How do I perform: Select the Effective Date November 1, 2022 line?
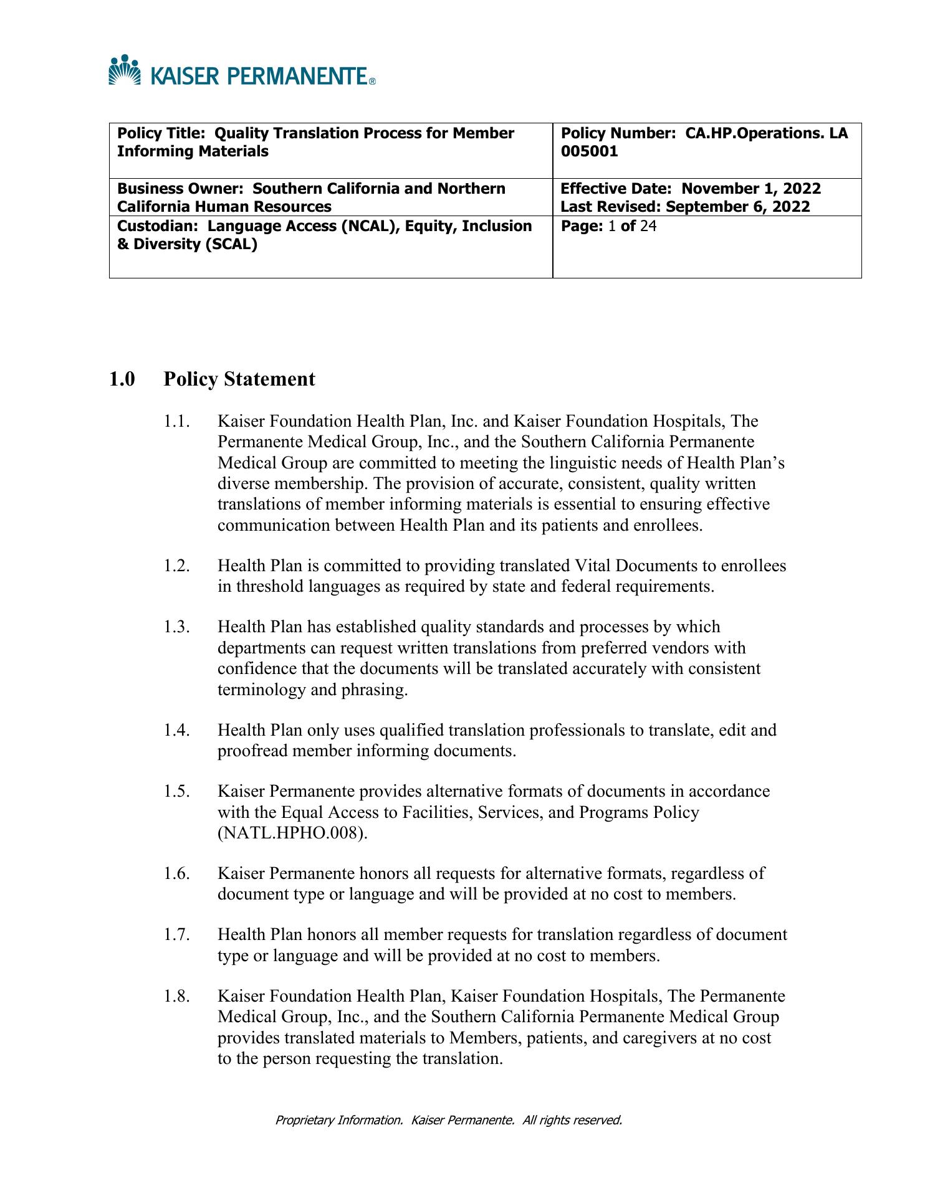[691, 189]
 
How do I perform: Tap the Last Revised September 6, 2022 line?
[685, 207]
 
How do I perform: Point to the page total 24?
[648, 225]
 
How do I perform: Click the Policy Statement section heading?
[239, 379]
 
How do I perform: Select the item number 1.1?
[176, 422]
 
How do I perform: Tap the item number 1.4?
[176, 730]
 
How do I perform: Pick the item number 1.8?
[176, 996]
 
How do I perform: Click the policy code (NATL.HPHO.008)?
[292, 833]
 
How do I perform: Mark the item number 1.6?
[176, 873]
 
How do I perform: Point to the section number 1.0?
[122, 379]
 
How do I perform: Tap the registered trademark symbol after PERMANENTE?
[372, 82]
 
